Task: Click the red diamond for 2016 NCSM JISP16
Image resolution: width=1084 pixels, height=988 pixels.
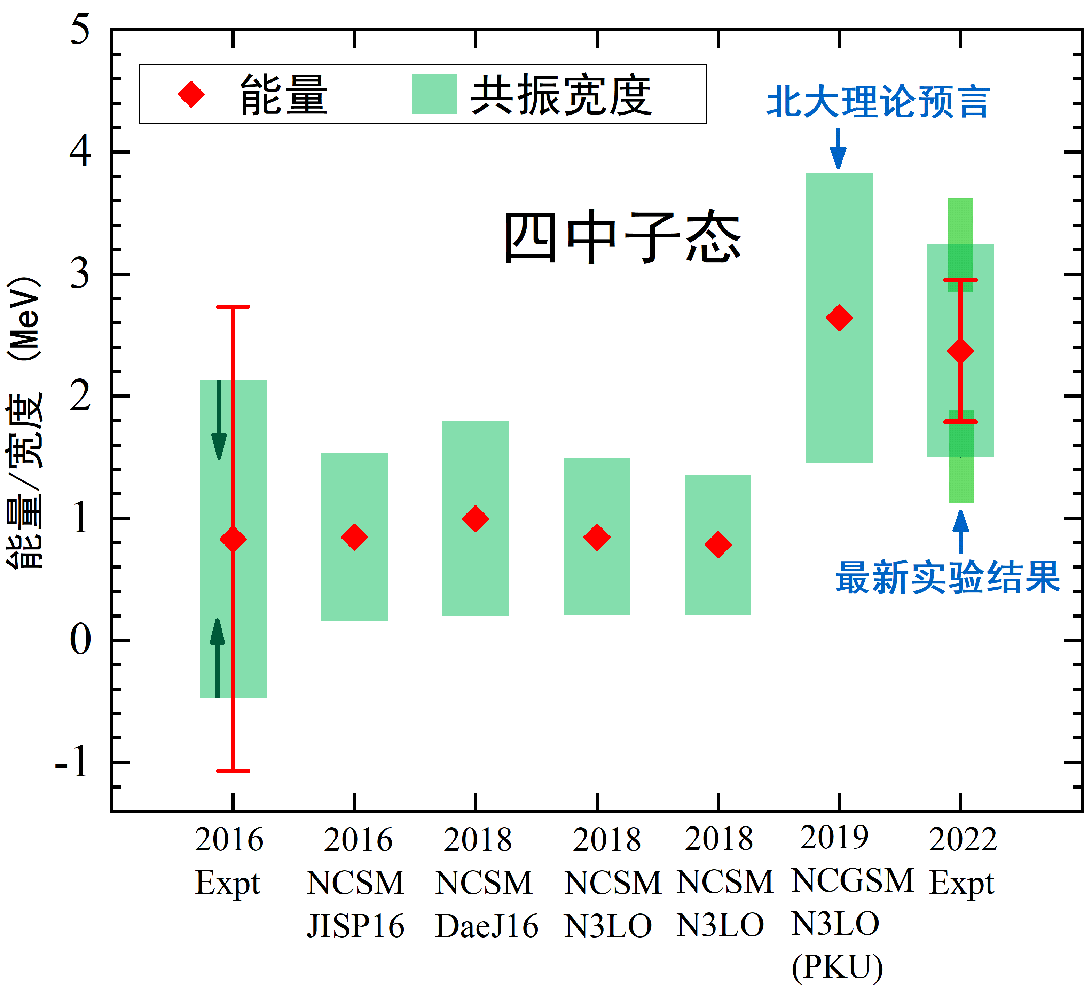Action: click(354, 537)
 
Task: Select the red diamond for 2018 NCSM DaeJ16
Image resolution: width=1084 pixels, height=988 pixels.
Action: click(475, 518)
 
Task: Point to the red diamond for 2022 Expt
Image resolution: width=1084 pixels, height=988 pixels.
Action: click(960, 351)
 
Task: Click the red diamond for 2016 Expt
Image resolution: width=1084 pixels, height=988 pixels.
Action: click(233, 539)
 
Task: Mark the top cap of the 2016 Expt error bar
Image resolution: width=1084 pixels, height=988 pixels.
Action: click(233, 307)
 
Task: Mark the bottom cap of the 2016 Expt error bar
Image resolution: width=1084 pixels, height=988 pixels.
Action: click(233, 771)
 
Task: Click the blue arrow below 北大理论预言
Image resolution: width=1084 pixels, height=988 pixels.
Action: click(838, 148)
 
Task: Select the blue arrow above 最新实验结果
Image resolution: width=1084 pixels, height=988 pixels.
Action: click(960, 531)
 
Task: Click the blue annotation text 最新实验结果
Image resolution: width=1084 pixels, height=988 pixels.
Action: click(948, 577)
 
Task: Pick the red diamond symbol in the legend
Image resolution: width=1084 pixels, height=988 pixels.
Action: click(191, 94)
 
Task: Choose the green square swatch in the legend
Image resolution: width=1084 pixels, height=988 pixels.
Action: click(434, 94)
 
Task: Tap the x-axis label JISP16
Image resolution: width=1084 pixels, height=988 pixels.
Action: click(355, 926)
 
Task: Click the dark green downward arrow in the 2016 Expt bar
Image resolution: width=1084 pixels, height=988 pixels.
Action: click(219, 419)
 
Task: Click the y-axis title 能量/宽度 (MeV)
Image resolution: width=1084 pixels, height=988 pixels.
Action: click(25, 422)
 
